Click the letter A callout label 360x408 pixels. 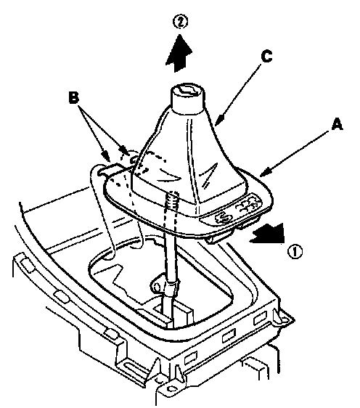coord(337,124)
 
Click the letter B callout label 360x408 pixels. coord(73,97)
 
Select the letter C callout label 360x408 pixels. coord(266,57)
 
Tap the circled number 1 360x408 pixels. coord(295,252)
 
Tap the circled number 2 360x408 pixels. coord(180,22)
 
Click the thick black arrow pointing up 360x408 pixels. coord(179,53)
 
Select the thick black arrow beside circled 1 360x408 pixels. coord(268,234)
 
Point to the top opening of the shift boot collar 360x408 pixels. coord(186,90)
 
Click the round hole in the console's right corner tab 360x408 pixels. coord(284,318)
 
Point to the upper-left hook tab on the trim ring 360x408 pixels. coord(107,169)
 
